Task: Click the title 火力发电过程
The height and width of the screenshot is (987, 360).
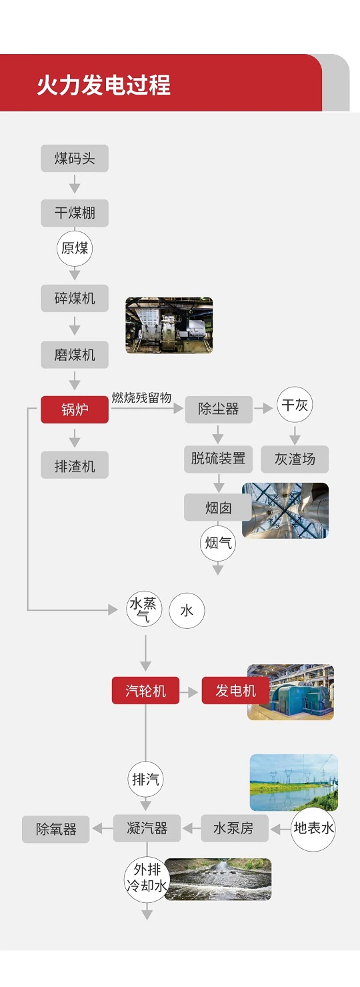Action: [103, 85]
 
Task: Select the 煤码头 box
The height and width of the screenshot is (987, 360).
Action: [75, 158]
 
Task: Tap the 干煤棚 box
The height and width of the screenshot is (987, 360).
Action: [75, 213]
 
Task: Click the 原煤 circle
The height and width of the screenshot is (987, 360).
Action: [75, 249]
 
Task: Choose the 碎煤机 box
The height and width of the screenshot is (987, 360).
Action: [75, 298]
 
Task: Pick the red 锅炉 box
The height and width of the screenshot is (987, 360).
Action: [75, 409]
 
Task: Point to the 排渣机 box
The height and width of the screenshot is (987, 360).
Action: [75, 465]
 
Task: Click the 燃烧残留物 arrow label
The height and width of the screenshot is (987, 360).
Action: [141, 398]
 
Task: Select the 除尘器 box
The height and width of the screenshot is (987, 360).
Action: [219, 409]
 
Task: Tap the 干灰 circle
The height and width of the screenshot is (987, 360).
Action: [295, 405]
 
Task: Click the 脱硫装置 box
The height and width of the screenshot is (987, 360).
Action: [218, 459]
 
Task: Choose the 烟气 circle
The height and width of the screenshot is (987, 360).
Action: [218, 543]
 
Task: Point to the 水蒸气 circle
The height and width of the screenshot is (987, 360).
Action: [144, 610]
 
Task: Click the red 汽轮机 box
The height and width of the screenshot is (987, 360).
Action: [145, 690]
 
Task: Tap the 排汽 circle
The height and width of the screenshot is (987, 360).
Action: [145, 779]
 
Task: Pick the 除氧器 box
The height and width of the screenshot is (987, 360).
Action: [56, 829]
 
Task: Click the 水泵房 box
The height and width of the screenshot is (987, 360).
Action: [235, 828]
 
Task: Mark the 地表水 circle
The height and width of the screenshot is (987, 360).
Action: [313, 829]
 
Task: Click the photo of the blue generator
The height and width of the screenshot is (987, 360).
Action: [291, 692]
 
